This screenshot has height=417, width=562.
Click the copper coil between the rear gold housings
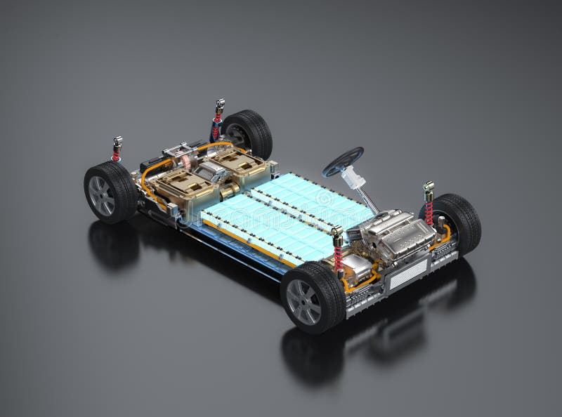click(188, 164)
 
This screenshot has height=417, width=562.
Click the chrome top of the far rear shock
click(218, 107)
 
